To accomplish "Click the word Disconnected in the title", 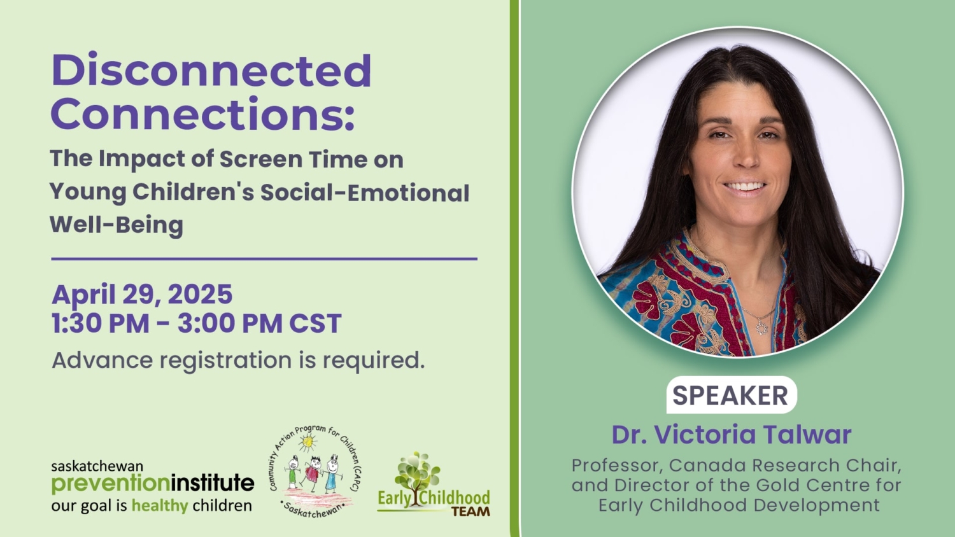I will pos(211,71).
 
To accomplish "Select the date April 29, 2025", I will pos(142,295).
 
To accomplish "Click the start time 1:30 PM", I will pos(100,323).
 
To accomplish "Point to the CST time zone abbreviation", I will pos(315,323).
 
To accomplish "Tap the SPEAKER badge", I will pos(730,395).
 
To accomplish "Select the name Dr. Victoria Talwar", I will pos(731,435).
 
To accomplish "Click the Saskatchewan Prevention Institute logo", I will pos(152,487).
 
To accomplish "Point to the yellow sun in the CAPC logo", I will pos(309,442).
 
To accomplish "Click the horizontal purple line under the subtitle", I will pos(264,259).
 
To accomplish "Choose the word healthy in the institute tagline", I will pos(160,506).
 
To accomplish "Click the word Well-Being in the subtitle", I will pos(117,225).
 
